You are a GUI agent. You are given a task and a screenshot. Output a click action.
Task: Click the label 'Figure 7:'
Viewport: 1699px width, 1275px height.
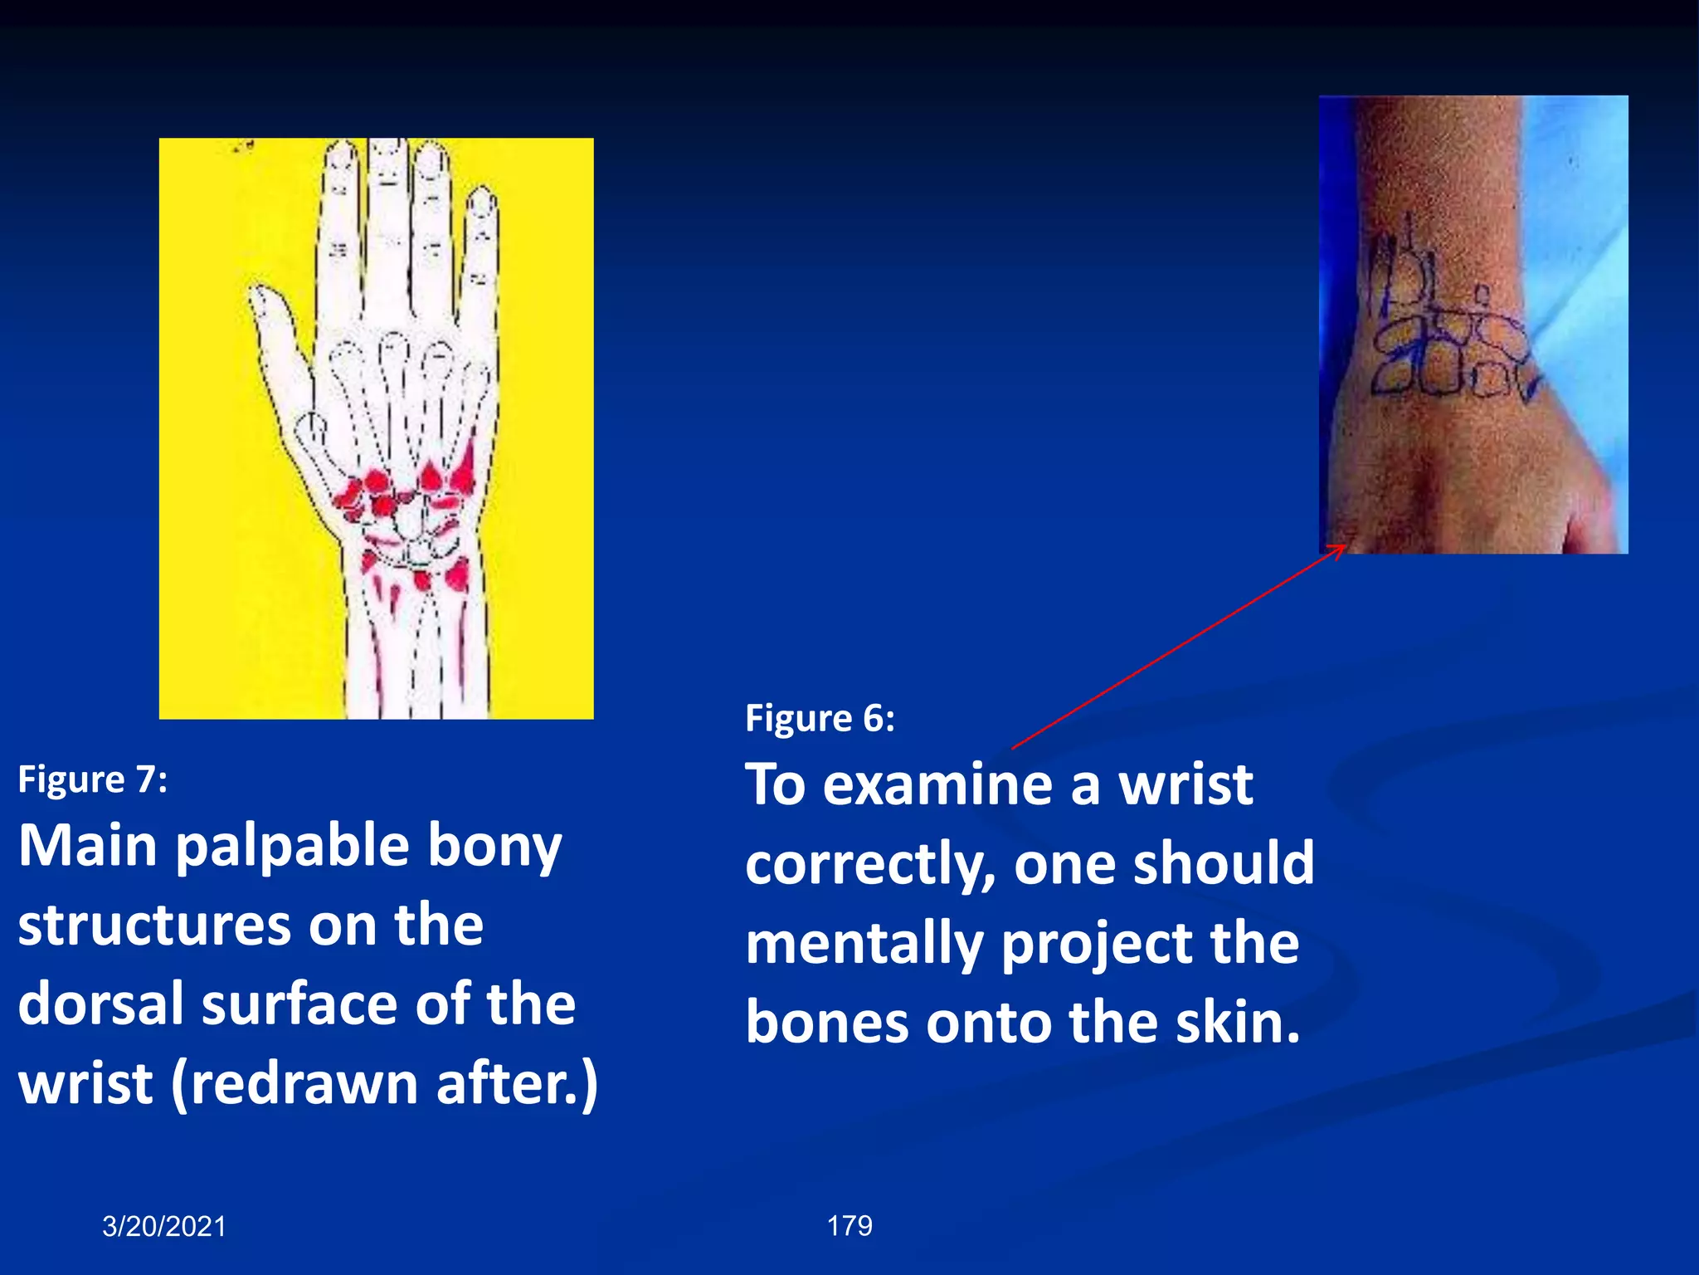point(92,779)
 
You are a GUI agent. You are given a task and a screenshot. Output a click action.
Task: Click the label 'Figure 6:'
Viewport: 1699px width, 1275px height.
point(820,718)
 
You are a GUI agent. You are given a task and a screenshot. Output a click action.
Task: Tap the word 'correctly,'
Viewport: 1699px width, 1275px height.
point(870,864)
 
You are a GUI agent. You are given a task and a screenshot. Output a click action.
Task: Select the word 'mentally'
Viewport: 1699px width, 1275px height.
point(864,944)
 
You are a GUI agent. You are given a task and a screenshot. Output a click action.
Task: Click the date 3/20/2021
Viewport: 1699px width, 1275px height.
point(164,1226)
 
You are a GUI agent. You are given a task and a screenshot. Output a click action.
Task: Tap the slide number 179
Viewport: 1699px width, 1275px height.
point(849,1225)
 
